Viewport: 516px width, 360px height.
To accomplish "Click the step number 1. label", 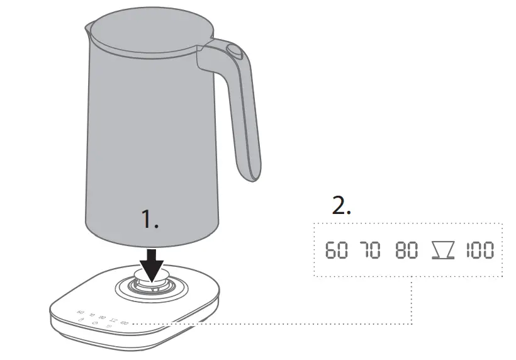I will [x=150, y=220].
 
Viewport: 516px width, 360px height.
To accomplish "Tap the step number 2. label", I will [x=341, y=206].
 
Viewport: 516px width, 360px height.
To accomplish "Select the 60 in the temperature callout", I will [x=336, y=250].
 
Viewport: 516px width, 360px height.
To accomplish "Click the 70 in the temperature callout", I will [x=371, y=250].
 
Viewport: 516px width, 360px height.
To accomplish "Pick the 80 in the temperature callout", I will [x=407, y=250].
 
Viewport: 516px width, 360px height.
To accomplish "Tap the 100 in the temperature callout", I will [x=480, y=250].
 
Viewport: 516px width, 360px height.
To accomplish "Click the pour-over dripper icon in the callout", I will [x=442, y=250].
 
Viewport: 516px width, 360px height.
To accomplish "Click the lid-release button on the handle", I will [x=235, y=52].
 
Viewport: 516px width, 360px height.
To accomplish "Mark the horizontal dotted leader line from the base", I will [x=271, y=324].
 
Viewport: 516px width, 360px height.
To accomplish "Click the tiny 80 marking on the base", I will [x=102, y=317].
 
